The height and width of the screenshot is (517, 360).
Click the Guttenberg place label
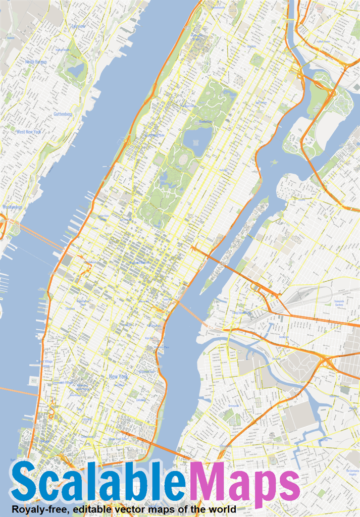[x=63, y=114]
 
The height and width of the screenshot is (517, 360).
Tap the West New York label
[x=29, y=132]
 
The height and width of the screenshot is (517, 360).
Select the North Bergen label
[x=35, y=62]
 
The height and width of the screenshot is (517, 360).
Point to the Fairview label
[x=78, y=26]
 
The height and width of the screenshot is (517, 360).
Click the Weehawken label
[x=12, y=207]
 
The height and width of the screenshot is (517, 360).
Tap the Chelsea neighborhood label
[x=70, y=308]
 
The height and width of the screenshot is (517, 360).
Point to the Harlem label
[x=251, y=46]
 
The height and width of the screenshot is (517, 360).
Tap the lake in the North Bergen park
[x=76, y=71]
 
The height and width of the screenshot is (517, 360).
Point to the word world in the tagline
[x=222, y=509]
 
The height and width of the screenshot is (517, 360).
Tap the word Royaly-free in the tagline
[x=39, y=509]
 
